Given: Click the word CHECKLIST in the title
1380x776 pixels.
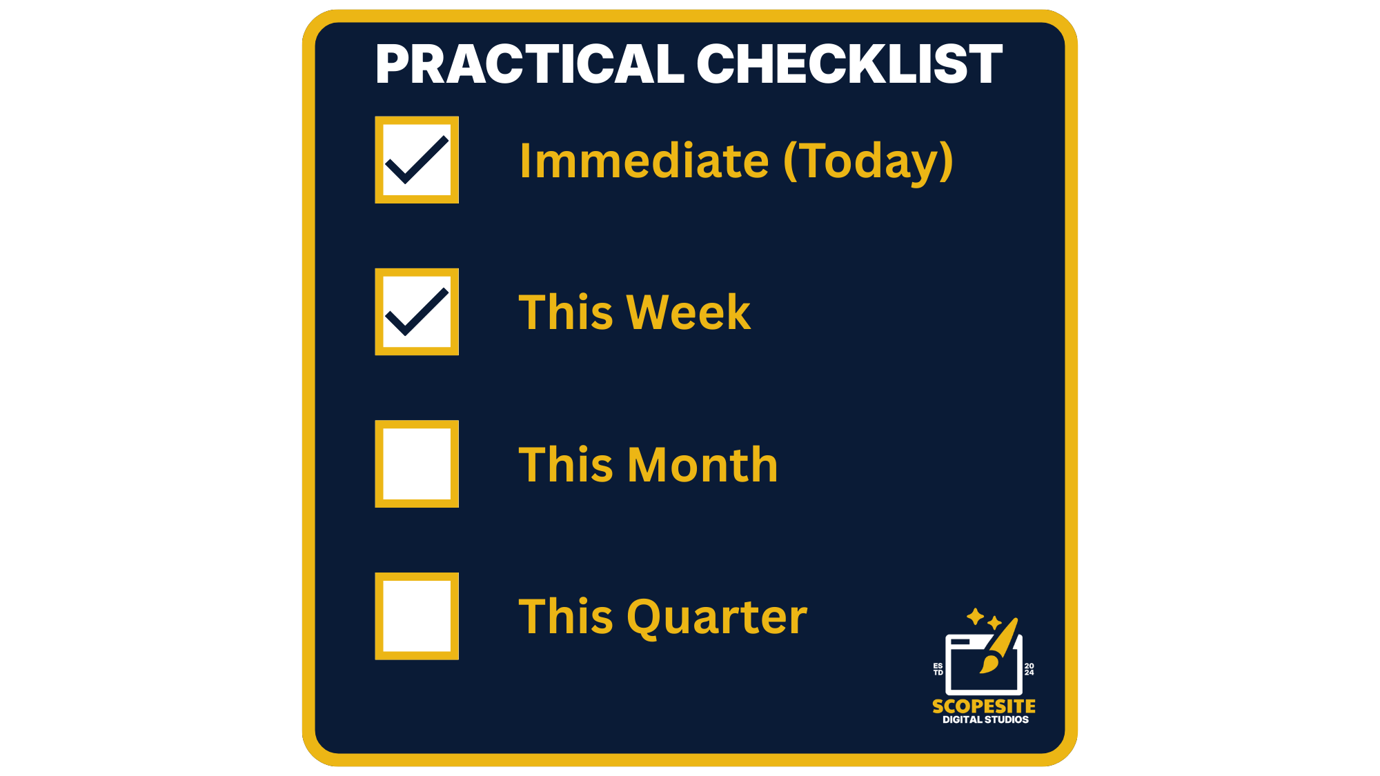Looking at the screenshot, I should coord(849,64).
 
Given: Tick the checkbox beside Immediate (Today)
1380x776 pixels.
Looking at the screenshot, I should coord(417,160).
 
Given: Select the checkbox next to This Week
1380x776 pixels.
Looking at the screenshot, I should coord(417,312).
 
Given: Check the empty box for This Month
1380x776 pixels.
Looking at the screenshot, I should coord(417,464).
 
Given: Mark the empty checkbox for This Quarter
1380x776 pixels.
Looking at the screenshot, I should coord(417,616).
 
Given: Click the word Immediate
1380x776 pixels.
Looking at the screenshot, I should coord(644,161).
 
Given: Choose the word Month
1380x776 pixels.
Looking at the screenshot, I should coord(703,464).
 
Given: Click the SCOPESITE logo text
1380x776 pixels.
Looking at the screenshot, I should coord(984,706).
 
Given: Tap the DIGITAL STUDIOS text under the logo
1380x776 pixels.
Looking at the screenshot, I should coord(985,719).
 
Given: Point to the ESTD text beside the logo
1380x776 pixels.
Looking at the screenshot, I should coord(938,669).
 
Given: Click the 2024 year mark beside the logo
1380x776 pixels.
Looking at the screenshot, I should coord(1029,669).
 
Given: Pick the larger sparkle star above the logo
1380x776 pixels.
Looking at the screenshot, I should coord(975,616).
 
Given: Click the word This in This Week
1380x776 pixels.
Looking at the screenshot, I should coord(565,312).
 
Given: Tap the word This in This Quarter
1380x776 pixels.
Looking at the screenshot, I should coord(565,617).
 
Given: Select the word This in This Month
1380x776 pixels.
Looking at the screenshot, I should coord(565,464).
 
